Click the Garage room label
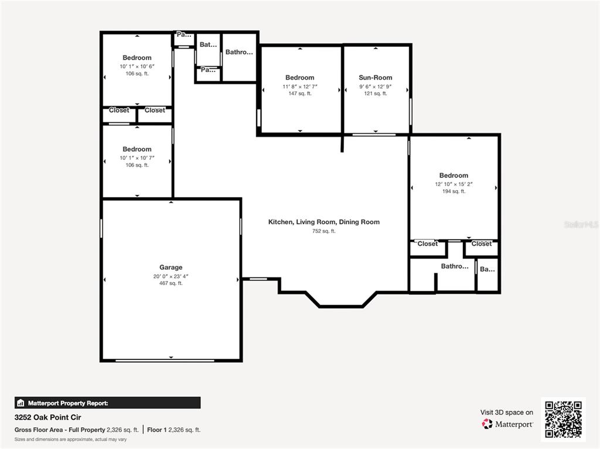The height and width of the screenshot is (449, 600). tap(171, 268)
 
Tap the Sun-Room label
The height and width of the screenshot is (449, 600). tap(375, 77)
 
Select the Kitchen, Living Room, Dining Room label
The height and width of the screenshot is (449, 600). tap(323, 222)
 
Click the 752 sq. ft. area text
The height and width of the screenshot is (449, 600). tap(323, 231)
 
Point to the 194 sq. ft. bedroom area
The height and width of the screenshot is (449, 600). tap(454, 191)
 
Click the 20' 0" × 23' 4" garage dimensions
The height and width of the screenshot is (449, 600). tap(171, 276)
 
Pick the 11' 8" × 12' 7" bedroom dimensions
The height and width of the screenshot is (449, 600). tap(299, 86)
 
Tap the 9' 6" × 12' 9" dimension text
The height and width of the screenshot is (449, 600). tap(375, 86)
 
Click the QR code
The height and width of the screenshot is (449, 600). tap(563, 419)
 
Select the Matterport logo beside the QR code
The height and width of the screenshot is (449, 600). tap(507, 424)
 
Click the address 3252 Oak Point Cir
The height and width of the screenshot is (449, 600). tap(47, 417)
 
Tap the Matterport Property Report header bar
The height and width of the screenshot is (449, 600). tap(107, 403)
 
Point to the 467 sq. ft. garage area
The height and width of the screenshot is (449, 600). tap(171, 283)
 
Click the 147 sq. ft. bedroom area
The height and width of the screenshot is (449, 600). tap(299, 94)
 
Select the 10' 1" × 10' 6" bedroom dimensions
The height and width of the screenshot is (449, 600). tap(137, 66)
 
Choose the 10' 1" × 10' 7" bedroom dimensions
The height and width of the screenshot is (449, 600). tap(137, 157)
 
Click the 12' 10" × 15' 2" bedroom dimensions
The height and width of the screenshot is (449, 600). tap(454, 184)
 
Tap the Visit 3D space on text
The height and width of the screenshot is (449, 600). tap(506, 412)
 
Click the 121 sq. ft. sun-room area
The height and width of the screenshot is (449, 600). tap(375, 94)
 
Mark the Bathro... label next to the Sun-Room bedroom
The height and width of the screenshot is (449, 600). tap(239, 52)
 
